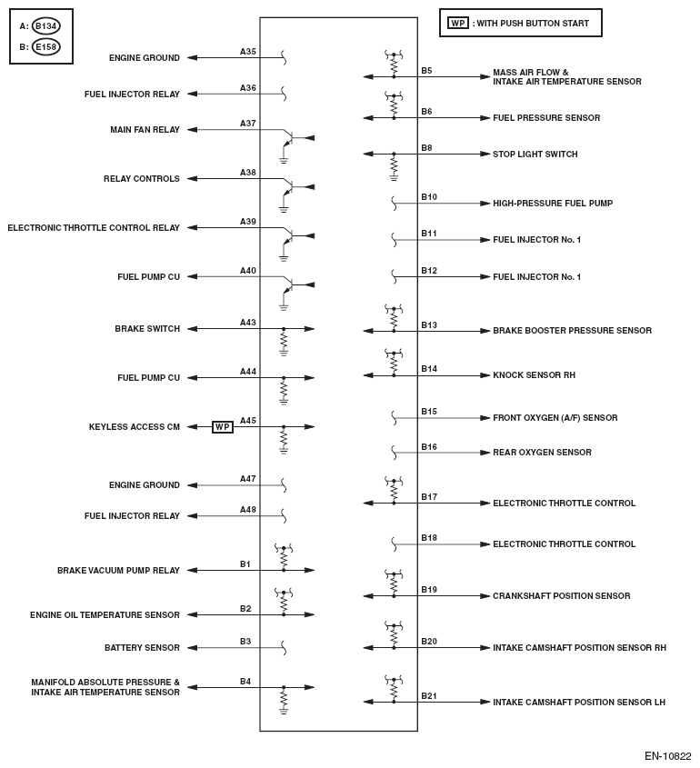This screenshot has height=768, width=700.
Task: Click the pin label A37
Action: [248, 123]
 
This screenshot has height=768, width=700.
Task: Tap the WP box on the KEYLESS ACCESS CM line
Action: [223, 426]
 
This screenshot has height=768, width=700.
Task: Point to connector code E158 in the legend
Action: [45, 47]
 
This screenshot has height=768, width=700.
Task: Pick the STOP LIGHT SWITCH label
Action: [535, 155]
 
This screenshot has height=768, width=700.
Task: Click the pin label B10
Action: [428, 196]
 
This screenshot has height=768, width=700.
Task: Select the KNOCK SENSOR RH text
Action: [534, 375]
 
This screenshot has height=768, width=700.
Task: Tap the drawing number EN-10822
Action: [668, 755]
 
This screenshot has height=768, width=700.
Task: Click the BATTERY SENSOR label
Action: [142, 648]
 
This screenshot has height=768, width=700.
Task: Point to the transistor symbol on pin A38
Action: [288, 187]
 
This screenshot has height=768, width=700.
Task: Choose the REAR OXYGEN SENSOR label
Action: [542, 453]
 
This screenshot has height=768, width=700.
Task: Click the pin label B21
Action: [428, 695]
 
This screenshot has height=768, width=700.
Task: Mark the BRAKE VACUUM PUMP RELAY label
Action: [118, 571]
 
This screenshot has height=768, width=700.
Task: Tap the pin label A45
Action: [248, 420]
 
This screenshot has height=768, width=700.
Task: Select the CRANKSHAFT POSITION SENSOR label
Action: [561, 596]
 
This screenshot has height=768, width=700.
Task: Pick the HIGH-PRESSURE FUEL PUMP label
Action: [552, 204]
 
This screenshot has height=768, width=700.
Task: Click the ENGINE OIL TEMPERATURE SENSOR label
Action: [105, 615]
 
